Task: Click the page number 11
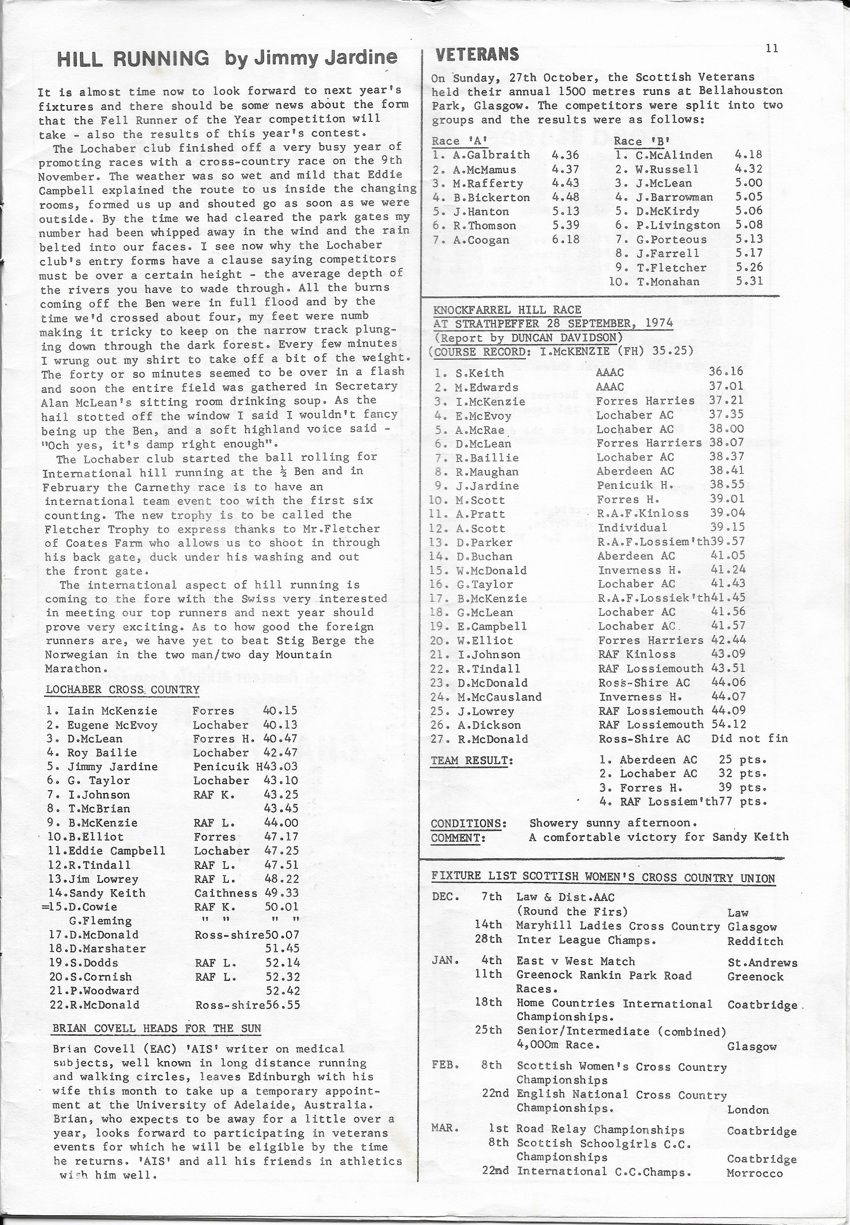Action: [x=772, y=48]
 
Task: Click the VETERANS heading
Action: [x=477, y=54]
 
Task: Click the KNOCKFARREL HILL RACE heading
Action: [x=507, y=310]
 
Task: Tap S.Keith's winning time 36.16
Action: [x=726, y=373]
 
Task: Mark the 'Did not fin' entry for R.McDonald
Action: [x=749, y=738]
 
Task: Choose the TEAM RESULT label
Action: [x=472, y=760]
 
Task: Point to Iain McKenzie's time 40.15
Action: [x=280, y=710]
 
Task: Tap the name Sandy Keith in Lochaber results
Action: [x=107, y=893]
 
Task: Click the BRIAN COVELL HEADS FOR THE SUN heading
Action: [x=157, y=1028]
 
